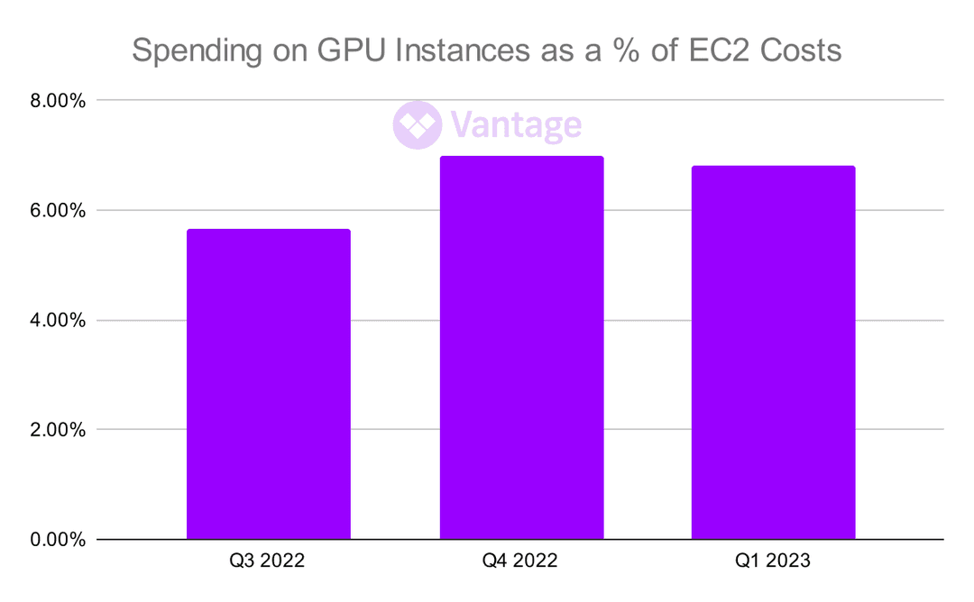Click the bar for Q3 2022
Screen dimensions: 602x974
click(x=268, y=385)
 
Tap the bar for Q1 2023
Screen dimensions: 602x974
click(x=773, y=353)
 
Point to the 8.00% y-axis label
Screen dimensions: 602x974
click(x=58, y=101)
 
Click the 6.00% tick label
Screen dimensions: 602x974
click(x=58, y=211)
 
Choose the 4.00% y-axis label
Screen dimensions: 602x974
click(x=58, y=321)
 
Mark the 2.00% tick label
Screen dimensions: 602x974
click(x=58, y=430)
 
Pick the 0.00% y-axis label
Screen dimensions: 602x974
click(x=58, y=540)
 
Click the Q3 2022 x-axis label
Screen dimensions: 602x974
click(x=268, y=561)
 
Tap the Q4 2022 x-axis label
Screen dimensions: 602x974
click(x=520, y=561)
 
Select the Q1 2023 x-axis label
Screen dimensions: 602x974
click(x=773, y=561)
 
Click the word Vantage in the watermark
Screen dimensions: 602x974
click(x=515, y=125)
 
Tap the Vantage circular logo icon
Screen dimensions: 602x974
click(x=417, y=124)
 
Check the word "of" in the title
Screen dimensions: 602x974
click(x=660, y=50)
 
